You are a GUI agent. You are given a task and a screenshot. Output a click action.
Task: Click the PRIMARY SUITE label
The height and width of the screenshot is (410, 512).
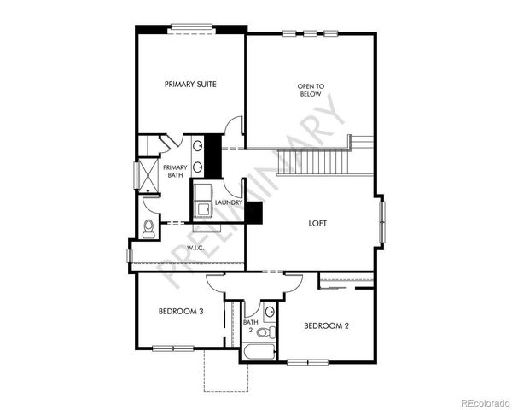tap(189, 84)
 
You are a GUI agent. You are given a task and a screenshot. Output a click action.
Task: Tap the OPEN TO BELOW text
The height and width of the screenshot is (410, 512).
tap(311, 90)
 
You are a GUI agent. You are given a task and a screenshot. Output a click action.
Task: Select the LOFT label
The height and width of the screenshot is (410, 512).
tap(318, 224)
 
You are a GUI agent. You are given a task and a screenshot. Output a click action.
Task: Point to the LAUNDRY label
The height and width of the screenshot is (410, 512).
tap(229, 202)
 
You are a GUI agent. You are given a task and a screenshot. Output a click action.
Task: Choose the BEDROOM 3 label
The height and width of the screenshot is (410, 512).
tap(180, 312)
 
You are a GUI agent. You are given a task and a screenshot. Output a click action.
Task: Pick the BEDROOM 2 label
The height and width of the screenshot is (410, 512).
tap(326, 325)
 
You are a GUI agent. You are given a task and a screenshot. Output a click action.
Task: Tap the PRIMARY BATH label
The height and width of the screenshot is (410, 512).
tap(175, 171)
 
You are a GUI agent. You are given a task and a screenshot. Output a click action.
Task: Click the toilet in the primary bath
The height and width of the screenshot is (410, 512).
tap(149, 227)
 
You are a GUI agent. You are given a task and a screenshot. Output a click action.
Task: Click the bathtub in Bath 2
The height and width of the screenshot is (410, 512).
tap(259, 353)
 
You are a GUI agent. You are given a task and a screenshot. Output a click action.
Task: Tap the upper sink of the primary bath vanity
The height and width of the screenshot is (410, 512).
tap(197, 146)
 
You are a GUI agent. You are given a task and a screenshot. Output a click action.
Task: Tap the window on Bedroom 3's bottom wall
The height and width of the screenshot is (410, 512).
tap(174, 348)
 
